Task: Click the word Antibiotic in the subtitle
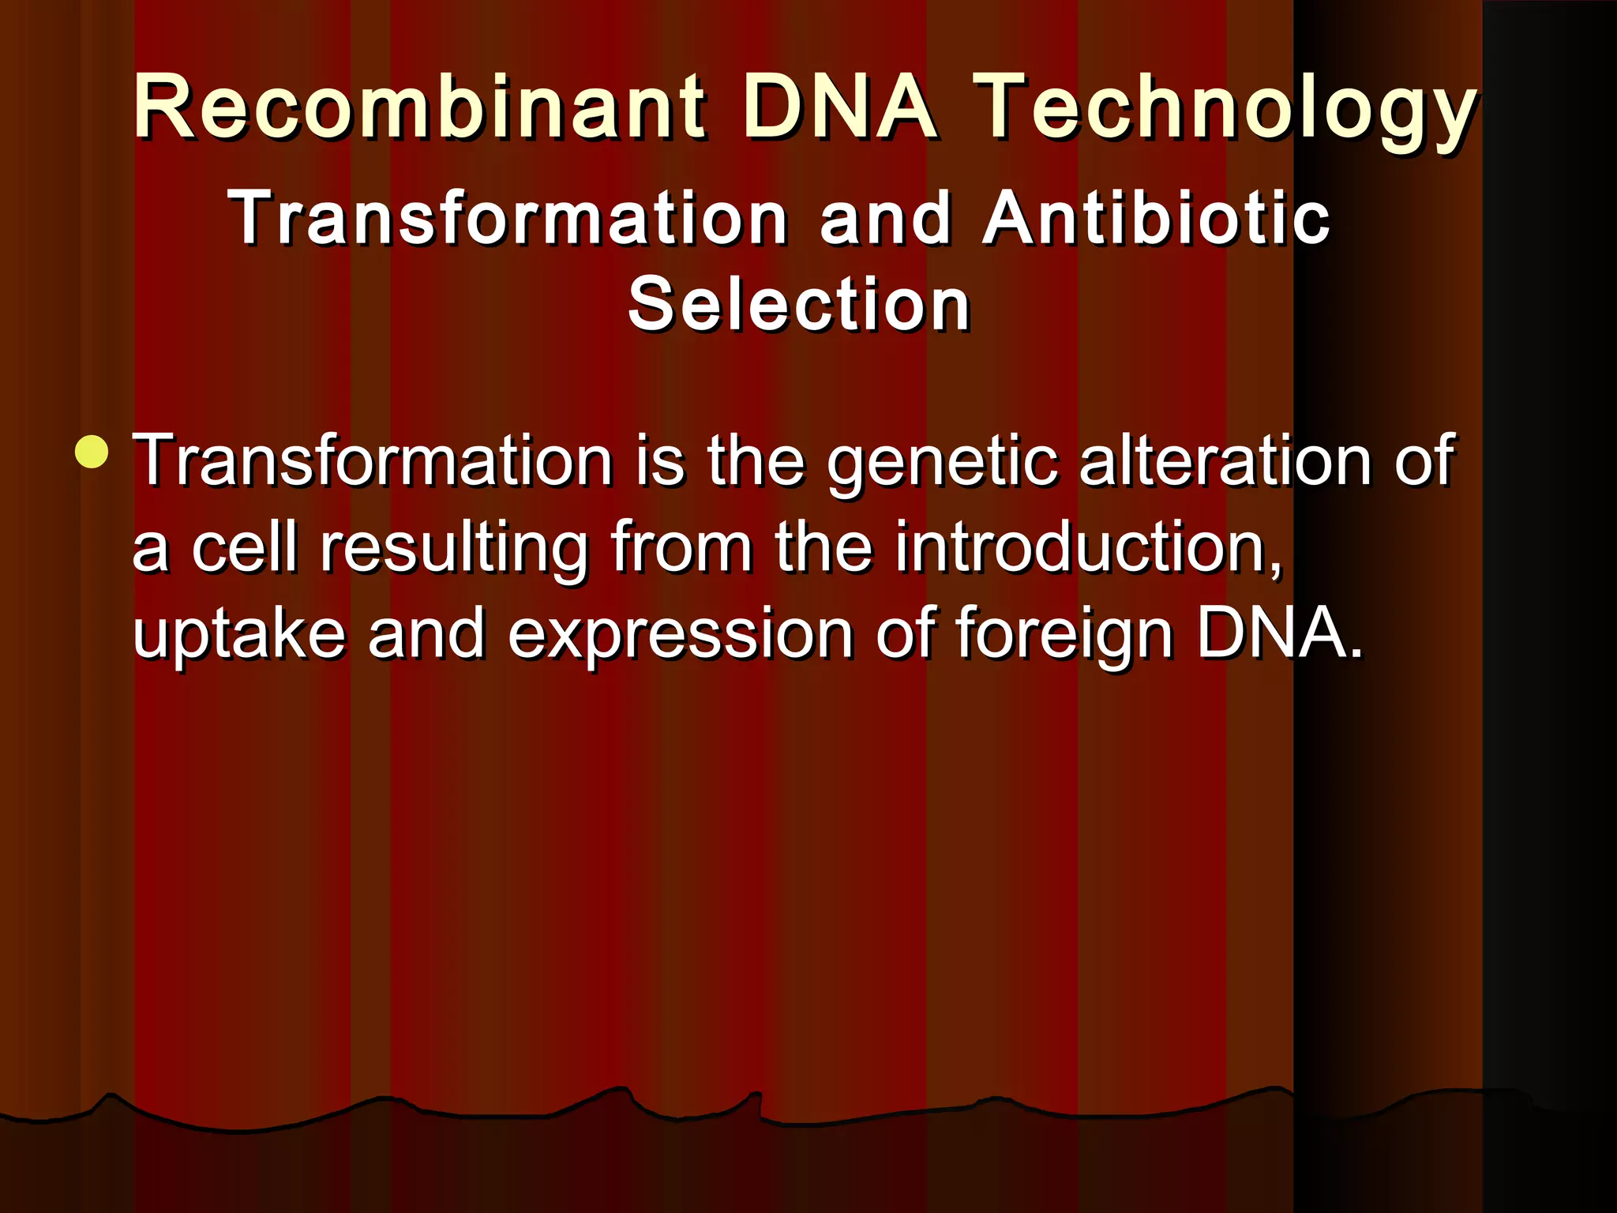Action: [x=1157, y=219]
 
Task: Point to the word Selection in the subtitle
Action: [x=799, y=305]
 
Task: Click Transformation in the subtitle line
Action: [x=508, y=219]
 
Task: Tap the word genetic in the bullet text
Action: [x=942, y=462]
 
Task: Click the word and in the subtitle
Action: [x=885, y=219]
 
